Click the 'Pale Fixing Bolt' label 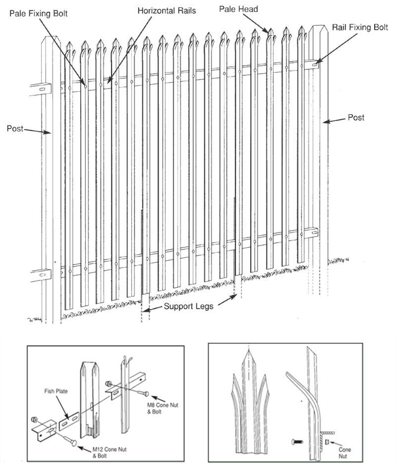click(39, 13)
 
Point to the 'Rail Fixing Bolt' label click(360, 27)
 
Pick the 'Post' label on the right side click(356, 118)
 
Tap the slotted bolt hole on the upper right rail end click(315, 63)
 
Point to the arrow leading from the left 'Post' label click(38, 131)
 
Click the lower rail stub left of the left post click(41, 274)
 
